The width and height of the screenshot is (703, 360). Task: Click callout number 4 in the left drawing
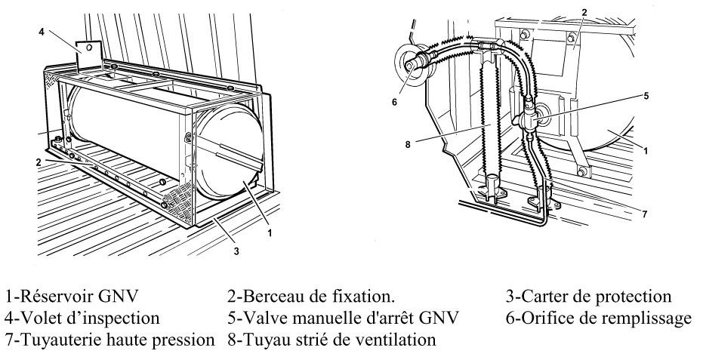tap(42, 32)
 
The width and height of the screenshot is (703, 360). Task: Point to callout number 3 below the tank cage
tap(236, 251)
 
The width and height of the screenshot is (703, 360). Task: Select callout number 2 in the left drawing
tap(39, 162)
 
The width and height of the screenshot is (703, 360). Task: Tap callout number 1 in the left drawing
tap(270, 233)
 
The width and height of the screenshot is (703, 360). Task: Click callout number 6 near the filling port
tap(394, 102)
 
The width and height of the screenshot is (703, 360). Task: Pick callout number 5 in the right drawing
tap(646, 96)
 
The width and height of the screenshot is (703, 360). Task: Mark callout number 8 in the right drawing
tap(408, 144)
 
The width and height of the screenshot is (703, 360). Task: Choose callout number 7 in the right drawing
tap(644, 214)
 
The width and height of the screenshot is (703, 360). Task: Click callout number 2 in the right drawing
tap(584, 13)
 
